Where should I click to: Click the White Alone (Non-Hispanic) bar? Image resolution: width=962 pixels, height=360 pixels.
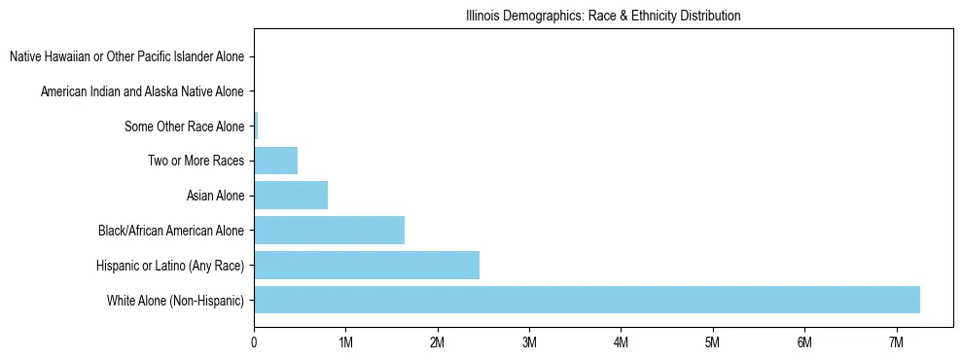587,300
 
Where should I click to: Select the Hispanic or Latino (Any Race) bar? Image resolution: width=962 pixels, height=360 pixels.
367,265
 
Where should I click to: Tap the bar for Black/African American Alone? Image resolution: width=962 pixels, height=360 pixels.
329,231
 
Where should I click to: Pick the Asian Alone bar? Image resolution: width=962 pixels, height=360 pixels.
291,196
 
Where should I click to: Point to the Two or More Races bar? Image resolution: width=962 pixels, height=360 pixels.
275,161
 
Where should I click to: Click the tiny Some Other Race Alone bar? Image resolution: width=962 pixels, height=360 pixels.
256,126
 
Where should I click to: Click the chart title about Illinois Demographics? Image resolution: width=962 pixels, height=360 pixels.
603,17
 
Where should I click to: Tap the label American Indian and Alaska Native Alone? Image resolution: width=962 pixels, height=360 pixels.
142,91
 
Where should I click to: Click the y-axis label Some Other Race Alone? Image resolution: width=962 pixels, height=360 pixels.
184,126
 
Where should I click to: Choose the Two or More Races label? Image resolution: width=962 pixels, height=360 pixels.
196,161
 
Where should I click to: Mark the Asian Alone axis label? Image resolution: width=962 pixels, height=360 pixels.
215,196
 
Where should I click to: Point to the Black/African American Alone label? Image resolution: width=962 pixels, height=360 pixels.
171,231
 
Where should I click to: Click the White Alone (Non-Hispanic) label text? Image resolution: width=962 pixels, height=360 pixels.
176,300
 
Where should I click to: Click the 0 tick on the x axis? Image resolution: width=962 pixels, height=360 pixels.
254,342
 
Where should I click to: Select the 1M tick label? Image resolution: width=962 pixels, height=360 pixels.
345,342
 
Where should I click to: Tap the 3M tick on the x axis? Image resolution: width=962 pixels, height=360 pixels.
529,342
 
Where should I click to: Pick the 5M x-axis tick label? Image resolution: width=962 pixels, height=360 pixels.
713,342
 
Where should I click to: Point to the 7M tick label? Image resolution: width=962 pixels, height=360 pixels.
897,342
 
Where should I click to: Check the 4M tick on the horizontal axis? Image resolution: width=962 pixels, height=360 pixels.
621,342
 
